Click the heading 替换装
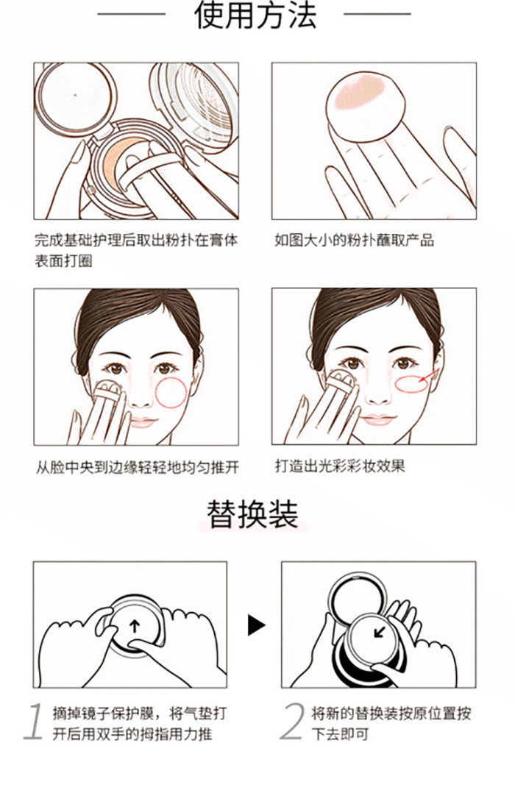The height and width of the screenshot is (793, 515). pos(252,514)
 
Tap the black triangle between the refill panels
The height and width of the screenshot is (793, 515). pos(256,625)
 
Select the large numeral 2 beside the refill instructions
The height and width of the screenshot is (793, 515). pos(292,722)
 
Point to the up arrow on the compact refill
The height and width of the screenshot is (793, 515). pos(134,626)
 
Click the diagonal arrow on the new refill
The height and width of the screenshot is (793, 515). pos(380,631)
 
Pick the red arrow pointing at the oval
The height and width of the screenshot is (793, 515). pos(427,376)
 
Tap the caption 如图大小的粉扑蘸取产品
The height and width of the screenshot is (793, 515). pos(354,241)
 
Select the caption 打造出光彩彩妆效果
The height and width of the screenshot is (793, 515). pos(340,466)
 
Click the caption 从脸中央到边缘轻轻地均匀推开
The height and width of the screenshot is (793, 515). pos(137,467)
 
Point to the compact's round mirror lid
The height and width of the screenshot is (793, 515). pos(76,96)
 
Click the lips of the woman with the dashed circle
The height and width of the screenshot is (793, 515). pos(143,422)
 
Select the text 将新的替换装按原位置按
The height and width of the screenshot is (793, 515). pos(391,714)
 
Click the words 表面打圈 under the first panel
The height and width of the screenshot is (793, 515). pos(64,261)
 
